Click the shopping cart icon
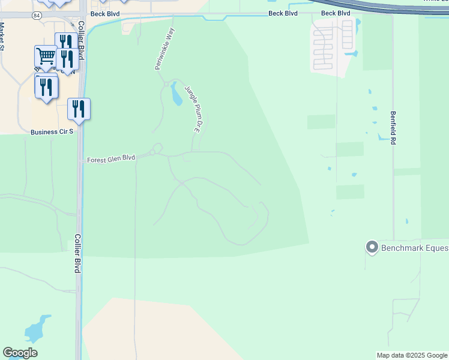[x=46, y=57]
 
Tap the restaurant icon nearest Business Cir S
[x=79, y=109]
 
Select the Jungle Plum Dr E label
[x=191, y=108]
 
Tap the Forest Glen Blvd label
[x=111, y=160]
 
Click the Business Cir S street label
[x=52, y=131]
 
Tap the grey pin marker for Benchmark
[x=372, y=247]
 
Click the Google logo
[x=20, y=353]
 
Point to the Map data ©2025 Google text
[x=412, y=355]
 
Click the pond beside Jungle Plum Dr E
[x=176, y=94]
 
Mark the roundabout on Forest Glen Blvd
[x=157, y=148]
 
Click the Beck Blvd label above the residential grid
[x=336, y=13]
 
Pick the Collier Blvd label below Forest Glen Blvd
[x=77, y=253]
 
